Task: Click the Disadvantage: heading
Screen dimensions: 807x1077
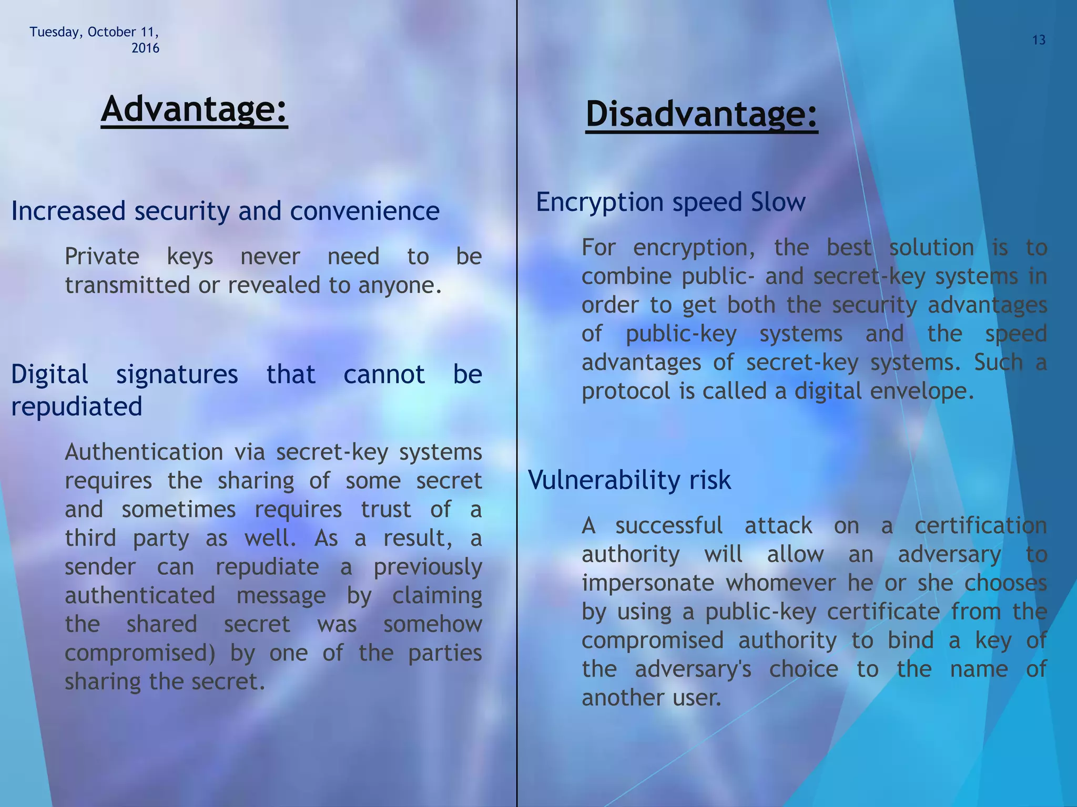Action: (702, 115)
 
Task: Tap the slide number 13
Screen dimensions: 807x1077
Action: (1039, 40)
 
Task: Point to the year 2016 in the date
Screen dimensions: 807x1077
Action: (145, 48)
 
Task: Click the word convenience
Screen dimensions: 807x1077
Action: (364, 211)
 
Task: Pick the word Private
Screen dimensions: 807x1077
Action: (102, 257)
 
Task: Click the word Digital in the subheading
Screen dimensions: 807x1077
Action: (50, 375)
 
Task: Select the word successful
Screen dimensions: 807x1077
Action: (669, 526)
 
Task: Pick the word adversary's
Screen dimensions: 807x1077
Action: (693, 669)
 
